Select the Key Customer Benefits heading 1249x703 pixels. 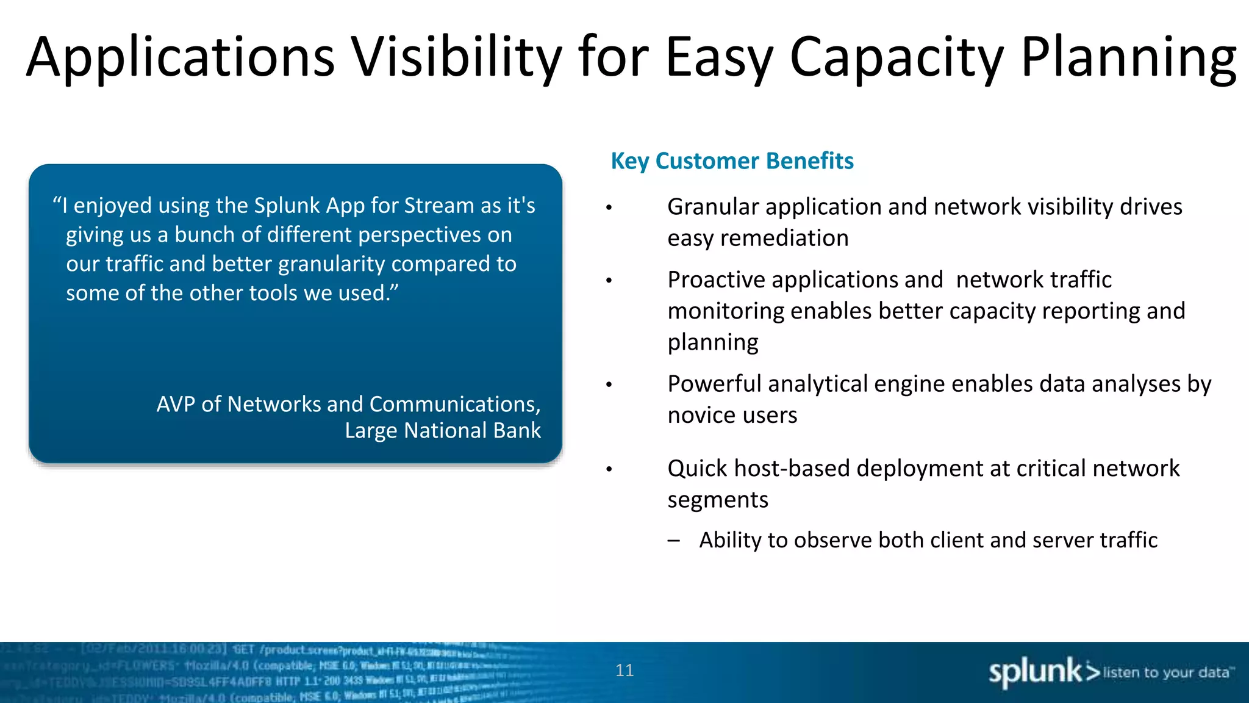[x=732, y=161]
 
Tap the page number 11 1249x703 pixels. [x=624, y=670]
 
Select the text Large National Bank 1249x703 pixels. [x=443, y=431]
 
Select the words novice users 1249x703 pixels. [x=732, y=416]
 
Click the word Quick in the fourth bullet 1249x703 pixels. [x=698, y=469]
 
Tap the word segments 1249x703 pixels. [x=718, y=500]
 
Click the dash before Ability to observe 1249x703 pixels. [x=673, y=541]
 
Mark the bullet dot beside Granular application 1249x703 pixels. [x=609, y=209]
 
